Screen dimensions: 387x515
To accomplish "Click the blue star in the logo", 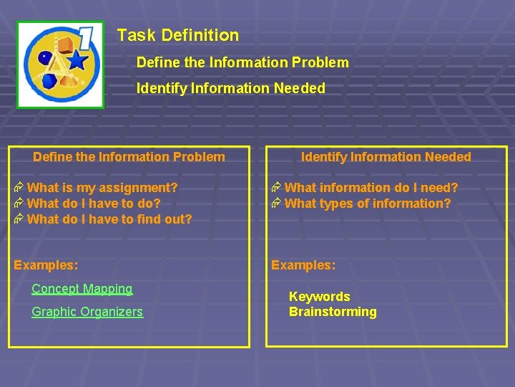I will pos(77,60).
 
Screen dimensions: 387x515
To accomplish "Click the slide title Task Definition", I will pos(177,35).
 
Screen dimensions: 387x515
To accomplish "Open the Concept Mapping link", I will pos(82,289).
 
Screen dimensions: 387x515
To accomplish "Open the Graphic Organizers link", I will pos(87,312).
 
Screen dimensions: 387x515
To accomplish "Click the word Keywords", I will pos(319,296).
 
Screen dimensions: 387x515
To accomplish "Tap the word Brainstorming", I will pos(333,312).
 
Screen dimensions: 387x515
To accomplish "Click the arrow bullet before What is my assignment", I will pos(19,188).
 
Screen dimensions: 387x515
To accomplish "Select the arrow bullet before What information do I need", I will pos(277,188).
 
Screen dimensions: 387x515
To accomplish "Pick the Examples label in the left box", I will pos(46,264).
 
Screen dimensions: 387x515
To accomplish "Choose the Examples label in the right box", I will pos(303,264).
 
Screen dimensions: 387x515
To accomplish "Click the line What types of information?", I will pos(368,204).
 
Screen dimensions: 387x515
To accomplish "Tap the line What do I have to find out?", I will pos(109,219).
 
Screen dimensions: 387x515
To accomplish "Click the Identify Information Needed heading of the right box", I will pos(386,157).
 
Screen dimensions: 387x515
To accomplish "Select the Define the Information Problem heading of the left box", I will pos(129,157).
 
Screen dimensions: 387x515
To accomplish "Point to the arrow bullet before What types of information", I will pos(277,204).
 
